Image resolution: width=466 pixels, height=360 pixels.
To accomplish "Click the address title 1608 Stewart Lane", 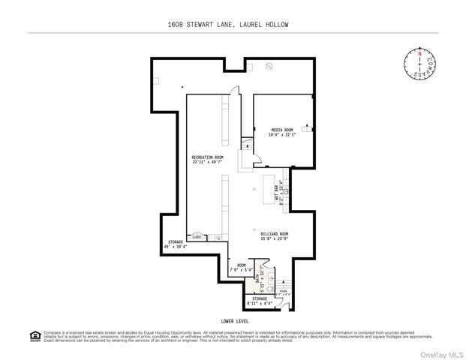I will point(233,25).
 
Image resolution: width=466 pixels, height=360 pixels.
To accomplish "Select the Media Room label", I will point(282,130).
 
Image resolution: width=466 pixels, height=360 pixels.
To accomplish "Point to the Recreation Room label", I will point(207,157).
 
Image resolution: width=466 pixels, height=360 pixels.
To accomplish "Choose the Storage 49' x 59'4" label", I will point(174,242).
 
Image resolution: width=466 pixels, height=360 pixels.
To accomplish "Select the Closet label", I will point(197,237).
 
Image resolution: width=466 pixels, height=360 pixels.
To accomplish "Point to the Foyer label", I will point(284,292).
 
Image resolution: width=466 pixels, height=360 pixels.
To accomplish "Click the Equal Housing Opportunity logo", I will point(34,335).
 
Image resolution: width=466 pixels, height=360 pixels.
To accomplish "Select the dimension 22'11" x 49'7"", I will point(207,162).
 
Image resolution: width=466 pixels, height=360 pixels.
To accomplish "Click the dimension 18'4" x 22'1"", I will point(283,135).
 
